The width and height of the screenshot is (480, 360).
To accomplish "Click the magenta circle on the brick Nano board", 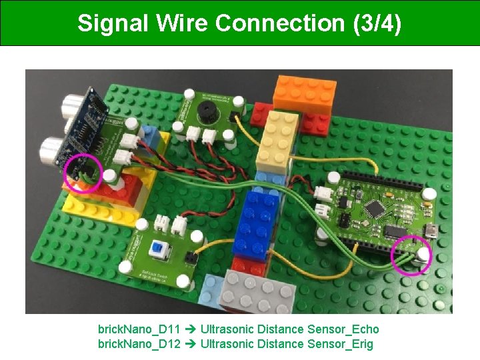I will [x=411, y=255].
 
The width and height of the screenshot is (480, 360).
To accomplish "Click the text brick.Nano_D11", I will [x=139, y=329].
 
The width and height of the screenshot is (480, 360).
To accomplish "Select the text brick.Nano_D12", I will [x=139, y=344].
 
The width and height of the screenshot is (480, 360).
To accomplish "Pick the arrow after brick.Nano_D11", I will [x=190, y=329].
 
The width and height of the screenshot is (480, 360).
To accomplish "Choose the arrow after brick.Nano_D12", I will [x=190, y=344].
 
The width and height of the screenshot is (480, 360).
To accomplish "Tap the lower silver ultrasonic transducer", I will [x=51, y=149].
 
